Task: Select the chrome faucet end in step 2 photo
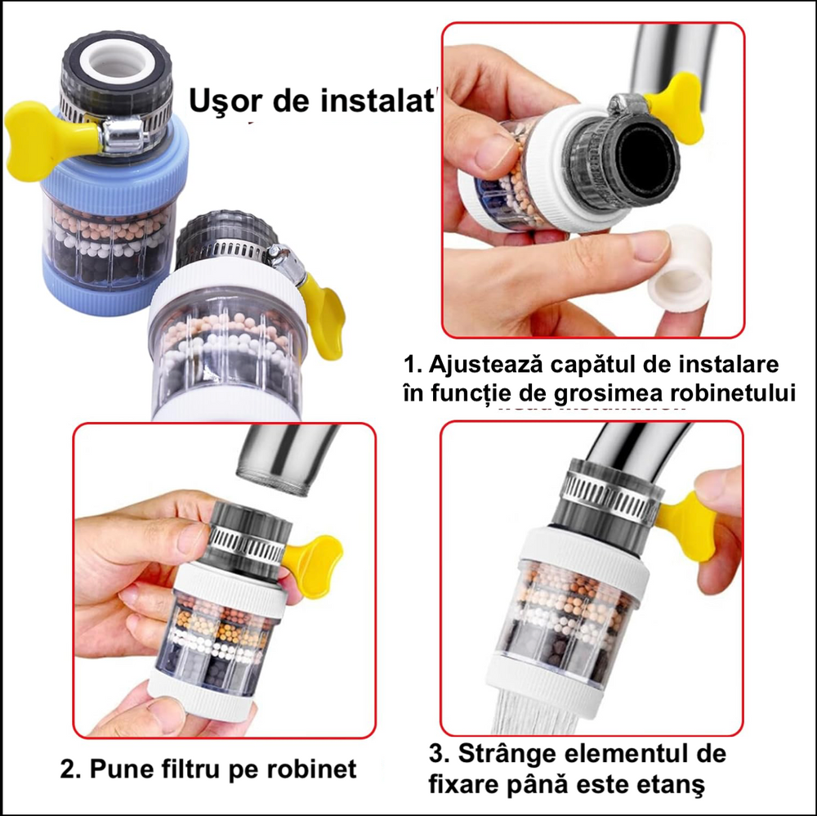coord(282,462)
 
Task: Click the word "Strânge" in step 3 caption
coord(514,752)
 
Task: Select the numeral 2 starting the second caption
coord(69,769)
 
